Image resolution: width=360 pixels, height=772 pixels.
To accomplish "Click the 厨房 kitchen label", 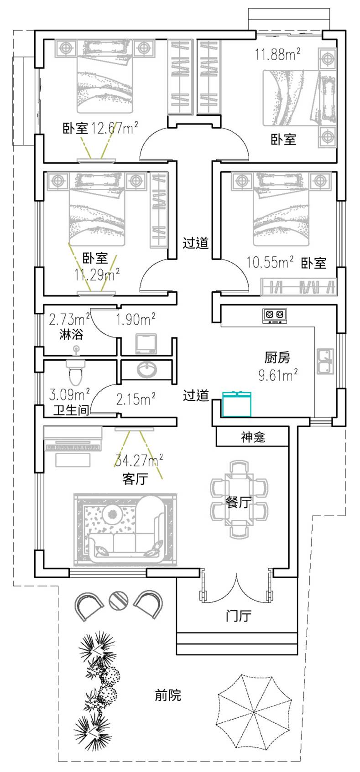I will pyautogui.click(x=277, y=357).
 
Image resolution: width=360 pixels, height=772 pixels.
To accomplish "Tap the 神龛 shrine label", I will pyautogui.click(x=253, y=438).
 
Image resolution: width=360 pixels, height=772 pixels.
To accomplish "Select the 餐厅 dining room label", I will pyautogui.click(x=239, y=502).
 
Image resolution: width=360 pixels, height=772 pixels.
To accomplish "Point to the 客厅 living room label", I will pyautogui.click(x=135, y=479).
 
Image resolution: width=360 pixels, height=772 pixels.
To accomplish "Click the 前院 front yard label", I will pyautogui.click(x=168, y=695).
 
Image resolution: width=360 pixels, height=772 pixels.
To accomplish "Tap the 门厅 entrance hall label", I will pyautogui.click(x=239, y=616).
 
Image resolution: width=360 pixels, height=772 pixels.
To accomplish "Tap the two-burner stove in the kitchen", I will pyautogui.click(x=275, y=315).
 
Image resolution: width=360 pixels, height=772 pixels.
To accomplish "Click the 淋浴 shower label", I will pyautogui.click(x=72, y=334).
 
